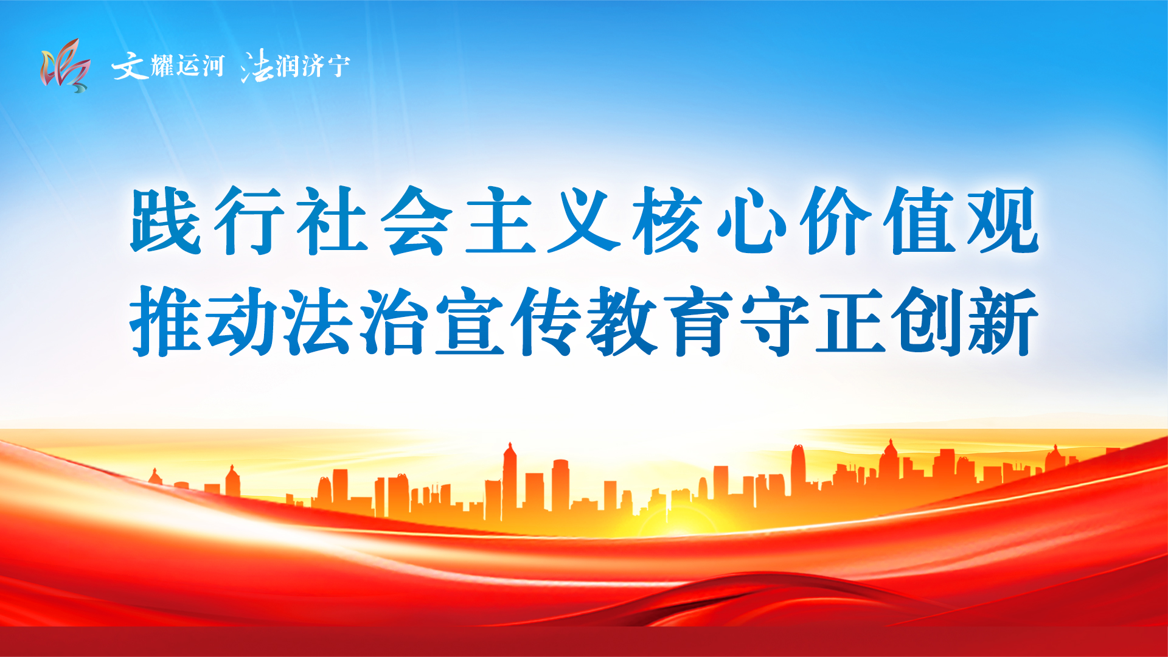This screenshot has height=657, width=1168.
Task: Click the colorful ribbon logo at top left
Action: tap(66, 66)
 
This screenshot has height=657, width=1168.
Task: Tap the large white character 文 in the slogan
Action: tap(130, 66)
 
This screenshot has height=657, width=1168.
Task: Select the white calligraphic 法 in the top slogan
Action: tap(257, 66)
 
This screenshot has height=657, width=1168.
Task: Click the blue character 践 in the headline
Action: tap(165, 220)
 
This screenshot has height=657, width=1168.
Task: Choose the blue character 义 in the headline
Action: tap(584, 220)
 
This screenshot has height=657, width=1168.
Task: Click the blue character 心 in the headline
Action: tap(752, 220)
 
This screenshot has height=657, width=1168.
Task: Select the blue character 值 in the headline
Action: tap(919, 220)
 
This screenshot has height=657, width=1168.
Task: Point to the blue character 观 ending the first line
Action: tap(1003, 220)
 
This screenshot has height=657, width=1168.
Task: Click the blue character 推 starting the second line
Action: tap(165, 321)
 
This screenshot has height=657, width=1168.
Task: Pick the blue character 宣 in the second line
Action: tap(470, 321)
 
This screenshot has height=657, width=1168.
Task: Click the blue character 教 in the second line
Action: tap(622, 321)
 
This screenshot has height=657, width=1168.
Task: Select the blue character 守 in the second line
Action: tap(774, 321)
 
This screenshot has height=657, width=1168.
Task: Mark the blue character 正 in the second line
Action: tap(850, 321)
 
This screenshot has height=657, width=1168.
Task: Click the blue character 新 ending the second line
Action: tap(1003, 321)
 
